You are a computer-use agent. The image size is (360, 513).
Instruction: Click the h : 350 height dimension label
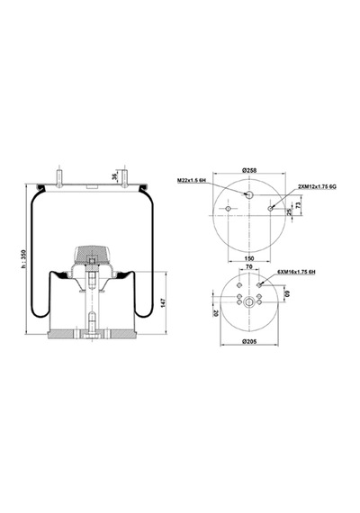(x=22, y=259)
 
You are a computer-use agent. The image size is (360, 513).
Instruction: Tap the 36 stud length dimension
(x=114, y=176)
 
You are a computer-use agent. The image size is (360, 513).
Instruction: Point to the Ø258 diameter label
(x=249, y=170)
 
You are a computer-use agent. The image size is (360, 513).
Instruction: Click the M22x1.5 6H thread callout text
(x=192, y=181)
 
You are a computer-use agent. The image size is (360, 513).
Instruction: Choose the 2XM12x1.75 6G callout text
(x=317, y=186)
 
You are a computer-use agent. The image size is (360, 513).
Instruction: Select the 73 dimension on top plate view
(x=298, y=205)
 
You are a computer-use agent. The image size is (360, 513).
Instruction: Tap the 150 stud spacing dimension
(x=249, y=258)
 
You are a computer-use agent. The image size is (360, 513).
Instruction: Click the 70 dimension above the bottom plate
(x=248, y=266)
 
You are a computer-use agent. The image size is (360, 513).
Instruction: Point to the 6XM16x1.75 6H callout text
(x=296, y=272)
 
